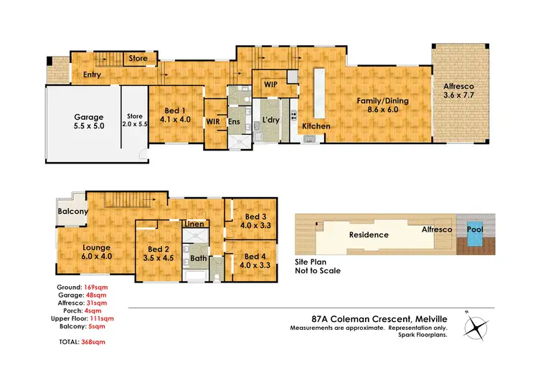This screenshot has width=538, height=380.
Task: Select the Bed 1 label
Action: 176,110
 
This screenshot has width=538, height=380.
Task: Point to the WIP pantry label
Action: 270,85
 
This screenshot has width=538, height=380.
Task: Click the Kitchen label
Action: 316,126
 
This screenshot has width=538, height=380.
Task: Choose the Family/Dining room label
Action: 383,101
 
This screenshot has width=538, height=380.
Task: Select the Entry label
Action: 92,74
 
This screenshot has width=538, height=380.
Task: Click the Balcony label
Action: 73,212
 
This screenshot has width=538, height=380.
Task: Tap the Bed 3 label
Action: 256,217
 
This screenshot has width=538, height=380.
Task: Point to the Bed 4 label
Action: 256,257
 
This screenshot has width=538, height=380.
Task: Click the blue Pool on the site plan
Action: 475,232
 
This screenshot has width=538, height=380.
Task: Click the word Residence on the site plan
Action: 369,234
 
